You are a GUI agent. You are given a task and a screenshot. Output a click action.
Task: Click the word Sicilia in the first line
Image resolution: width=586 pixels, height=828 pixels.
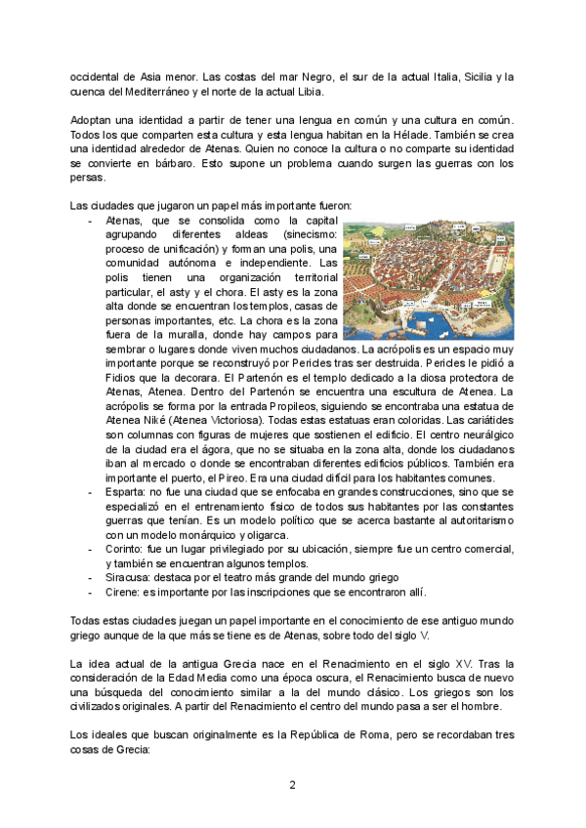tap(463, 77)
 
